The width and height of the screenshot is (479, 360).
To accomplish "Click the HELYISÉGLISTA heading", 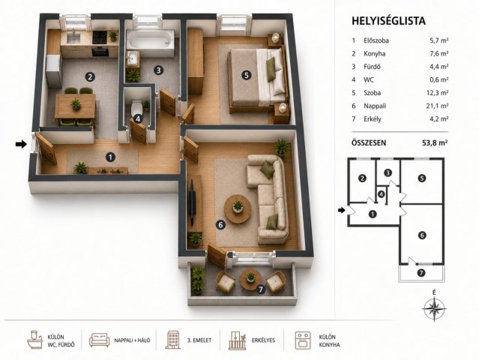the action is [x=388, y=21].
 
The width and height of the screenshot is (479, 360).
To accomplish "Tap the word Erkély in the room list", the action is [x=373, y=119].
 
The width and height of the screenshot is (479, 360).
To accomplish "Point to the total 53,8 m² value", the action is [x=435, y=142].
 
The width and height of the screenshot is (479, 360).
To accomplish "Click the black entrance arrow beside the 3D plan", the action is [x=22, y=144].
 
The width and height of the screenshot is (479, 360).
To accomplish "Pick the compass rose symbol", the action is [x=434, y=307].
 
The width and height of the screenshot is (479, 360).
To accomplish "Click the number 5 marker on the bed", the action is [x=247, y=75].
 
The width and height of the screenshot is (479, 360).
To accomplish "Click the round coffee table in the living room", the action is [x=238, y=209].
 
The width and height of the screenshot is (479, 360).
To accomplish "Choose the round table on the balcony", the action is [x=250, y=280].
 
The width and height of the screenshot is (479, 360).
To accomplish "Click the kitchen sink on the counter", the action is [x=73, y=37].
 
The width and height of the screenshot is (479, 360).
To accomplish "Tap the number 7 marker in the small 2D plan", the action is [x=421, y=272].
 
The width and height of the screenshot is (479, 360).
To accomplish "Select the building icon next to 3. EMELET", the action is [x=173, y=340].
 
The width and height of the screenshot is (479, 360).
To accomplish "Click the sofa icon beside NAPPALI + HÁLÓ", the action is [x=99, y=340].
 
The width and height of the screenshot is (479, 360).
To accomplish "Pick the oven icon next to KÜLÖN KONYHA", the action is [x=303, y=340].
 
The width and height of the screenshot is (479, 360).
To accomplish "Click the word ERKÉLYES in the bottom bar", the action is [x=263, y=340].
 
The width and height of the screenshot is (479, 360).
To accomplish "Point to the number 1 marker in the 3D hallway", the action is [x=110, y=157].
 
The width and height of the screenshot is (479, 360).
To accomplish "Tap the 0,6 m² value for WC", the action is [x=439, y=79].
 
